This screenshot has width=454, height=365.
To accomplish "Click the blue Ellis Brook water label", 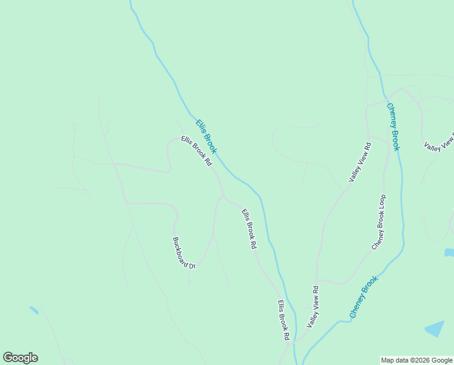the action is (206, 136).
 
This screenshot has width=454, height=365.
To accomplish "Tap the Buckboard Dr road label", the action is (184, 252).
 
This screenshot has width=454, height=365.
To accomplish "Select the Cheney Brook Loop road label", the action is (379, 222).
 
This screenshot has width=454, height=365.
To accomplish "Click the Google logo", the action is (20, 358).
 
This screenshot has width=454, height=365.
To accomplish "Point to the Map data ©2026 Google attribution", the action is (417, 360).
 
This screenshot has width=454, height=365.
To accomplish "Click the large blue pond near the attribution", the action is (435, 329).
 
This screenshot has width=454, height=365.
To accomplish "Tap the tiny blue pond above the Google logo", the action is (33, 310).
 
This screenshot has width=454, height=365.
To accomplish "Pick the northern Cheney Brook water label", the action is (393, 127).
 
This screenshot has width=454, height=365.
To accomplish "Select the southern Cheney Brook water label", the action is (364, 296).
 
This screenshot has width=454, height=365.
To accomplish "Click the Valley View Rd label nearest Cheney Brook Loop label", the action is (359, 162).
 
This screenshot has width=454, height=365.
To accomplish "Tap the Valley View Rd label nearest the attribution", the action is (313, 307).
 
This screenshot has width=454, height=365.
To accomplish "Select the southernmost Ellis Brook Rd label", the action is (283, 320).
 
